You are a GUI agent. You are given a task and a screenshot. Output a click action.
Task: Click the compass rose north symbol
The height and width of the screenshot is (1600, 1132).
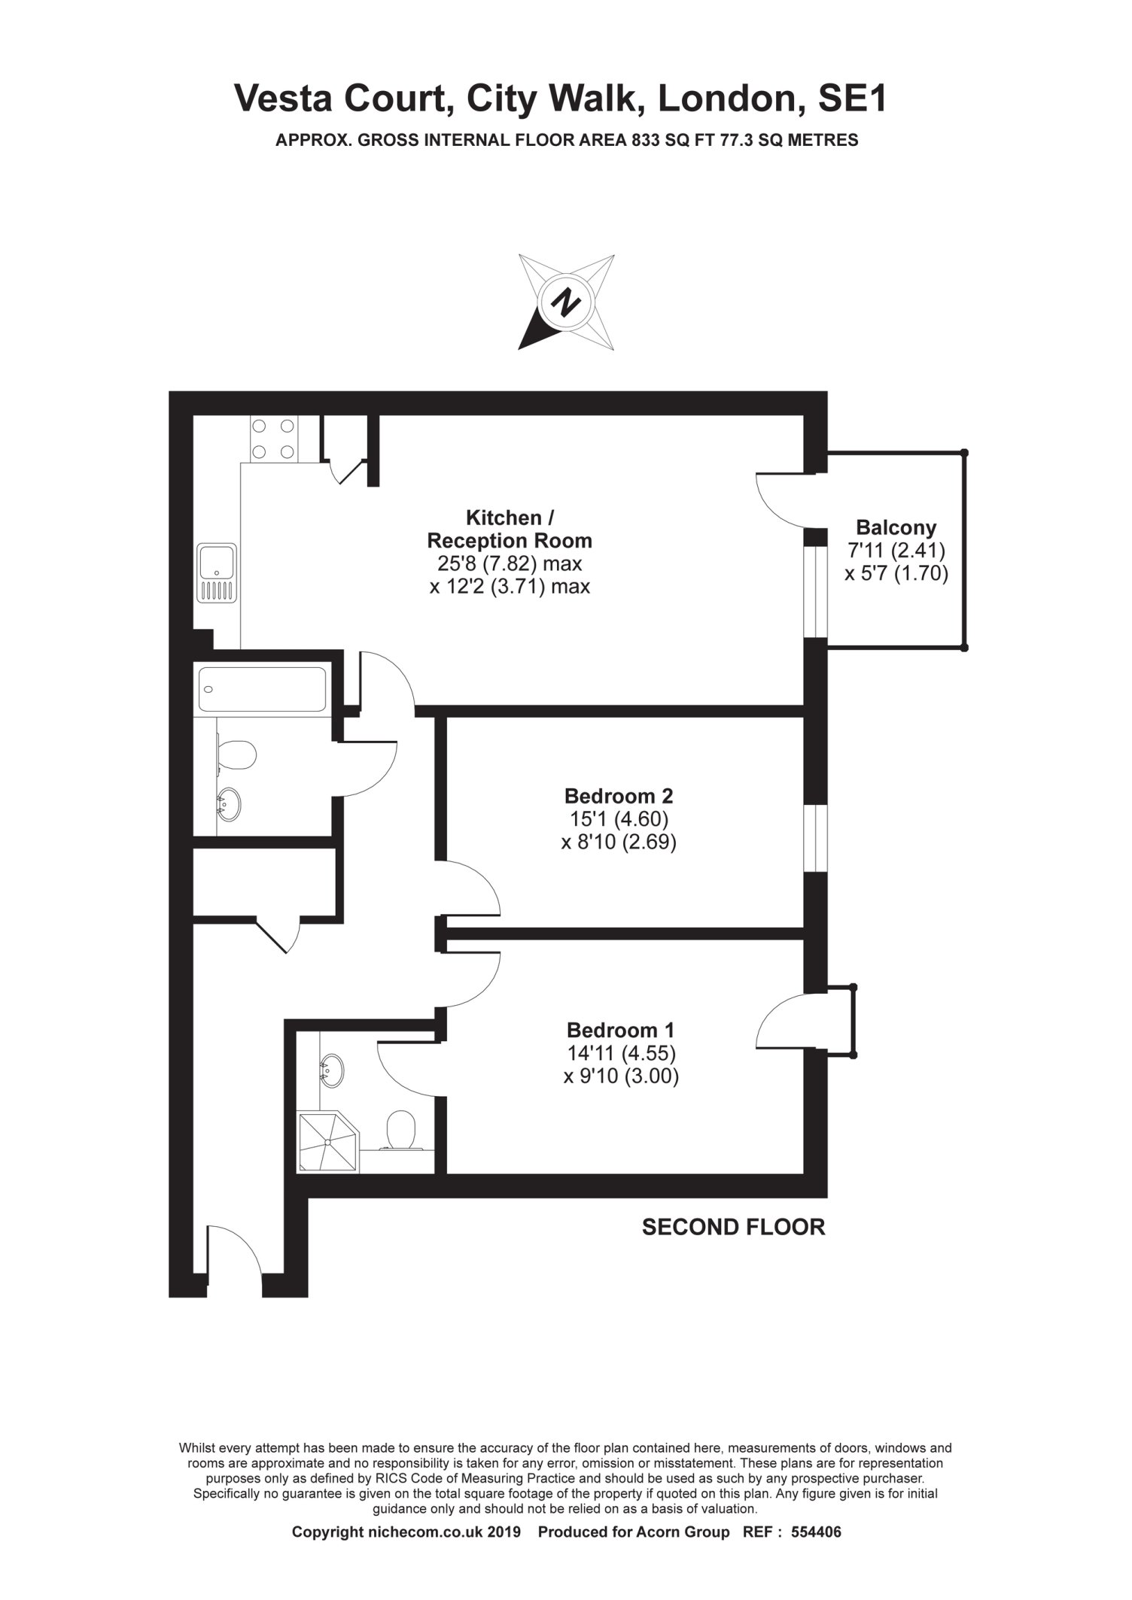click(x=566, y=302)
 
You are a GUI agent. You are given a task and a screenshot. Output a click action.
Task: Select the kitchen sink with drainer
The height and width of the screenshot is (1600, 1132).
click(x=217, y=573)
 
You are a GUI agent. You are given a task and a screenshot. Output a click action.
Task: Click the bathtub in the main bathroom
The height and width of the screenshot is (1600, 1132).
click(x=262, y=688)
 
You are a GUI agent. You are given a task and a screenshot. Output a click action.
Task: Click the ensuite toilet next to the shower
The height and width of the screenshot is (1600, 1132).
click(x=400, y=1131)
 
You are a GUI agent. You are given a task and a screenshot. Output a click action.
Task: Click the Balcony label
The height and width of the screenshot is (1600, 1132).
click(x=896, y=527)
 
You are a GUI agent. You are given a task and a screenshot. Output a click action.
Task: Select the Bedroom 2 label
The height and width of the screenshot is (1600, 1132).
click(x=619, y=795)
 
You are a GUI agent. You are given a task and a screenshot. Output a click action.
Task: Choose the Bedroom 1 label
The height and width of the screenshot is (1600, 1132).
click(x=621, y=1029)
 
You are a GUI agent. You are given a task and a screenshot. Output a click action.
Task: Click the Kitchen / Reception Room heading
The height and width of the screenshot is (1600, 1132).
click(x=510, y=529)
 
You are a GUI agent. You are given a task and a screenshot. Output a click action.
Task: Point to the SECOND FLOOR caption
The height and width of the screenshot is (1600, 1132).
click(x=733, y=1227)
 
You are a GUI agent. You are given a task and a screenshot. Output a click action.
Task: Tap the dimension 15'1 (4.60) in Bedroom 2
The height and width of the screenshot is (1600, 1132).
click(x=619, y=818)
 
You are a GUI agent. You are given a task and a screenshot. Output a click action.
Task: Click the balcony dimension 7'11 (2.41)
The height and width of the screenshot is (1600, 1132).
click(x=896, y=551)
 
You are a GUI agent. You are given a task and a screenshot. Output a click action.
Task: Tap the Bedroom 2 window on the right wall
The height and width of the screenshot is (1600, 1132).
click(x=816, y=838)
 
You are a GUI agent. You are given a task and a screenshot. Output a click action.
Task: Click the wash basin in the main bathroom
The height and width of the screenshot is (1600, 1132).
click(x=229, y=804)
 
